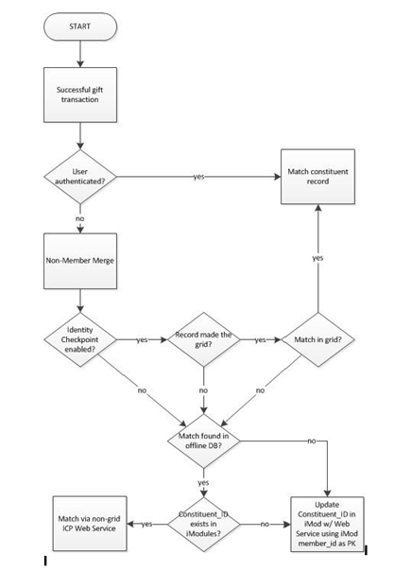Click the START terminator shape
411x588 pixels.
(80, 26)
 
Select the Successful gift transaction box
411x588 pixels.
(80, 95)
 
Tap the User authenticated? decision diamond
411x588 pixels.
(80, 177)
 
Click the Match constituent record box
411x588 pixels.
(317, 177)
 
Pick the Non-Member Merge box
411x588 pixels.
(80, 261)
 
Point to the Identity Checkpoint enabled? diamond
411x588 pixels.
(80, 339)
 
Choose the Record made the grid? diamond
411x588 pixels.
(203, 339)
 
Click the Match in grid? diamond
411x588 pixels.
(317, 339)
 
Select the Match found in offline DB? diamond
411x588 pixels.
(203, 441)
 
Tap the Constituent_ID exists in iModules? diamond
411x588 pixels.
(203, 525)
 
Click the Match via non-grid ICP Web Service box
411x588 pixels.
(90, 524)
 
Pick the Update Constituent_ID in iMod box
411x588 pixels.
(327, 525)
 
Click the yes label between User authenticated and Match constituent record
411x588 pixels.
(199, 177)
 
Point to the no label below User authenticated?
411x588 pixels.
(80, 218)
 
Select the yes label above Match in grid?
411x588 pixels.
(317, 258)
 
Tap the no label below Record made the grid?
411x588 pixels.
(203, 390)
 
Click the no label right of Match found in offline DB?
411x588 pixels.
(312, 441)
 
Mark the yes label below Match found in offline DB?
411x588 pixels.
(203, 483)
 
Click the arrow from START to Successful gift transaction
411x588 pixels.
(80, 54)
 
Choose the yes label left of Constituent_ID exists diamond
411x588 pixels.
(146, 524)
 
